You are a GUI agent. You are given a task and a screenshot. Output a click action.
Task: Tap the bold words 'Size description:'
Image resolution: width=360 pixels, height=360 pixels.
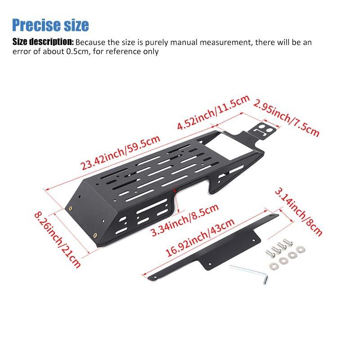tap(43, 42)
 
